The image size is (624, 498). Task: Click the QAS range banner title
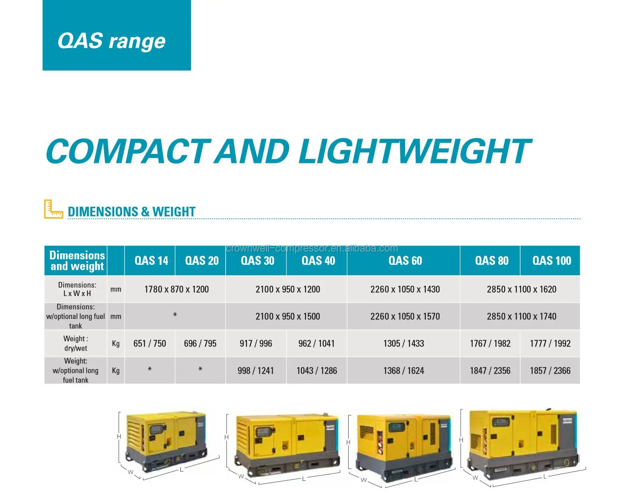pos(111,41)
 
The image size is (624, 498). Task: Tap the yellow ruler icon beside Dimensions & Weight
pos(53,209)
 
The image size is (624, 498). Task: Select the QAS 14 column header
pos(151,261)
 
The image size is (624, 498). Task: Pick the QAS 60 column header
pos(405,261)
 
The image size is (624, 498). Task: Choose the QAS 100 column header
pos(551,261)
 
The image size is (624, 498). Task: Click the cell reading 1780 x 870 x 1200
pos(176,289)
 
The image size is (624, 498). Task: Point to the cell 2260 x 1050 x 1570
pos(405,316)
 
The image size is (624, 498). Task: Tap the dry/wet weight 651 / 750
pos(150,343)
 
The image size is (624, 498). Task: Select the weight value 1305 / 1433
pos(404,343)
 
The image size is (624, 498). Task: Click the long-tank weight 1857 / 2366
pos(550,371)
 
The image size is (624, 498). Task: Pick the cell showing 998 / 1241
pos(255,371)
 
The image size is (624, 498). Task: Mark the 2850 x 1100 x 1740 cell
pos(521,316)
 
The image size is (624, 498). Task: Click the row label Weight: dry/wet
pos(76,343)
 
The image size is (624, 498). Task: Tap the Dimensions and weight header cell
pos(77,261)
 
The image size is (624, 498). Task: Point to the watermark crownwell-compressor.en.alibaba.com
pos(312,249)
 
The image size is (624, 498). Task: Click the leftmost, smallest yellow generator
pos(166,440)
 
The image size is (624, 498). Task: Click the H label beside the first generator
pos(119,437)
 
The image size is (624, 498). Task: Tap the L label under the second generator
pos(304,478)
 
